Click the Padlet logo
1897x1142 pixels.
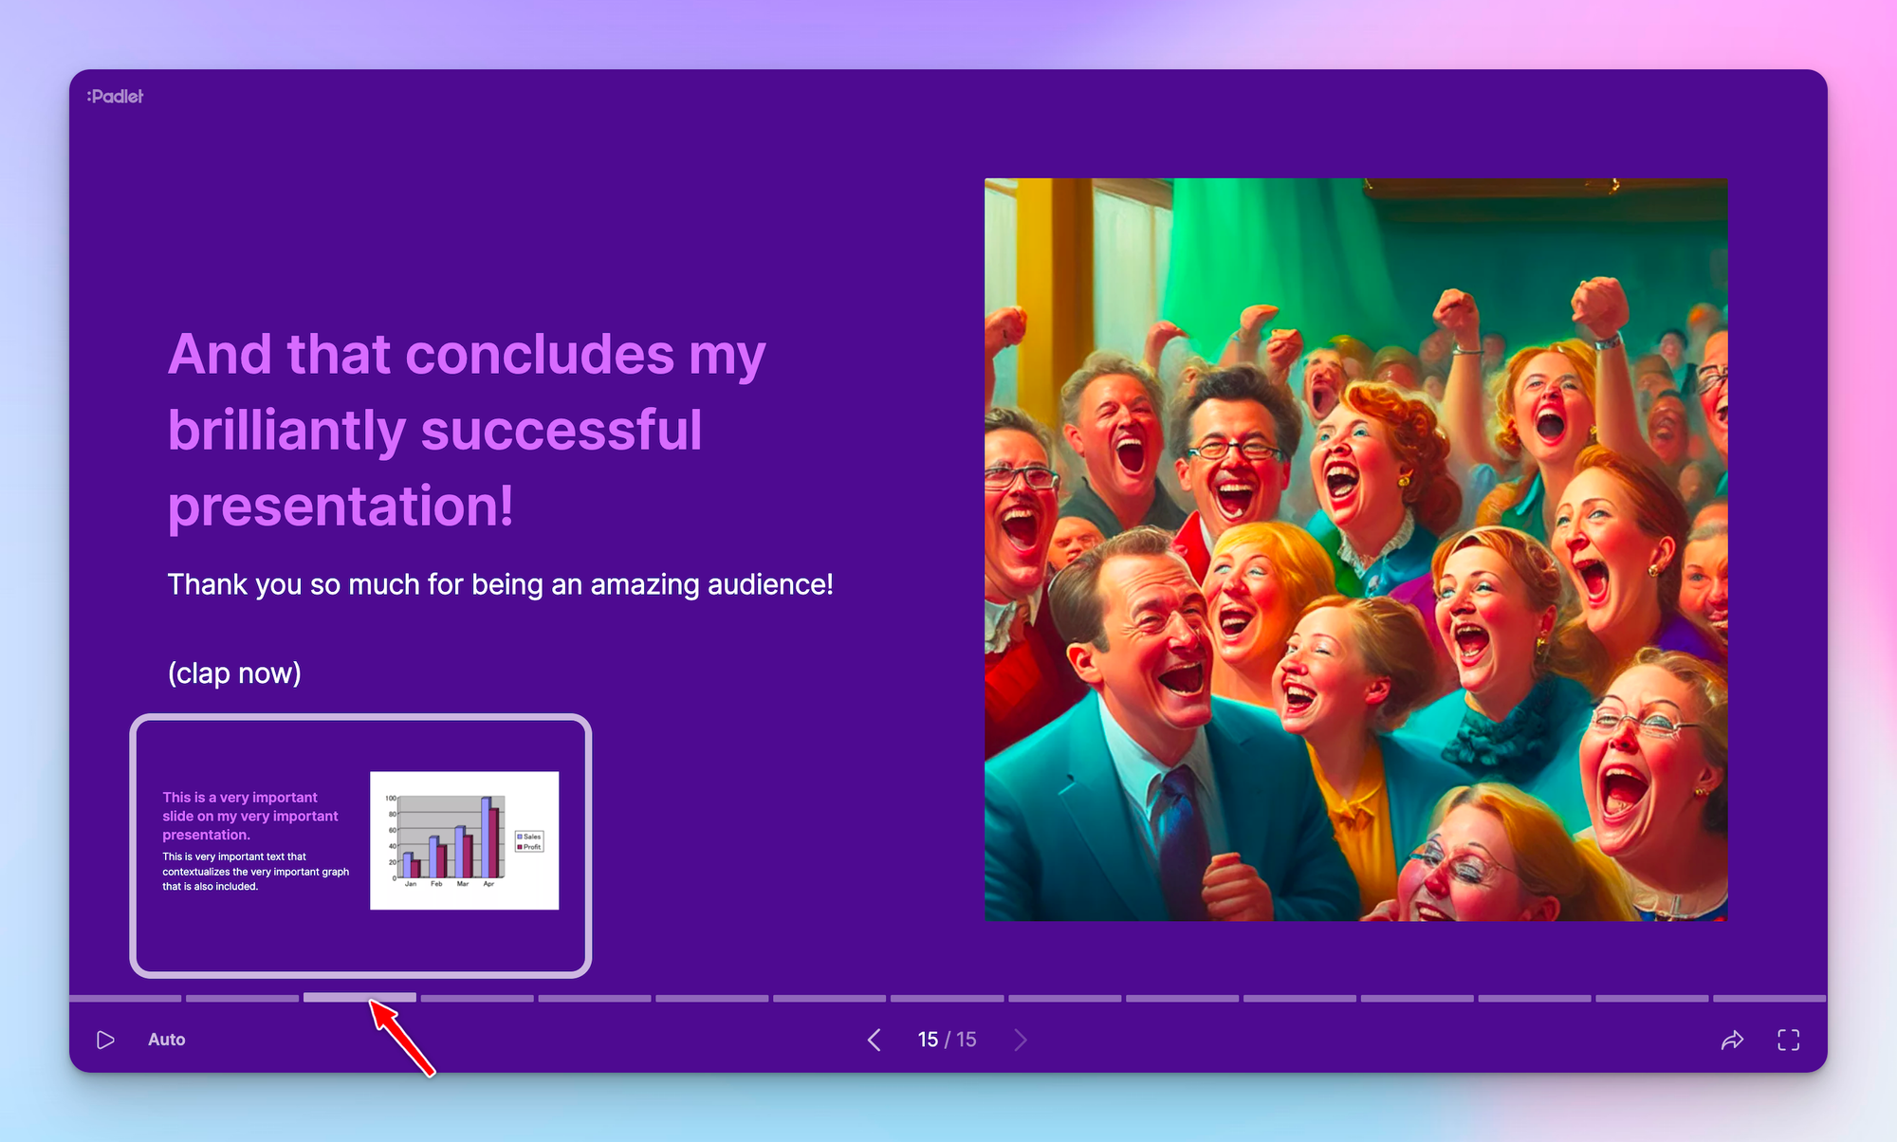click(115, 96)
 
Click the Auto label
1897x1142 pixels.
click(166, 1040)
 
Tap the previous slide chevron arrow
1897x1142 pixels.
click(874, 1040)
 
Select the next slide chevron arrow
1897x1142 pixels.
click(1021, 1040)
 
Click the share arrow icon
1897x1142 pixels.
click(1732, 1040)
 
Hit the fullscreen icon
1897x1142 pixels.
click(1788, 1040)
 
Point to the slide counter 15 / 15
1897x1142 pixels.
click(947, 1040)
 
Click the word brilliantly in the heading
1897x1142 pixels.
click(286, 431)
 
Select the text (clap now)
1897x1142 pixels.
click(234, 672)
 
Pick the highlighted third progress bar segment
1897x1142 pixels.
click(359, 998)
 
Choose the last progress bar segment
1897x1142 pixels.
click(1769, 998)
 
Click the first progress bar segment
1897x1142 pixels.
click(125, 998)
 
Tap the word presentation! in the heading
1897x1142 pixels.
click(341, 506)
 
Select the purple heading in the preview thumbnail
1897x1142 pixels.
click(249, 816)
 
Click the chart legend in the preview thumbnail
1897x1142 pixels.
click(529, 841)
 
